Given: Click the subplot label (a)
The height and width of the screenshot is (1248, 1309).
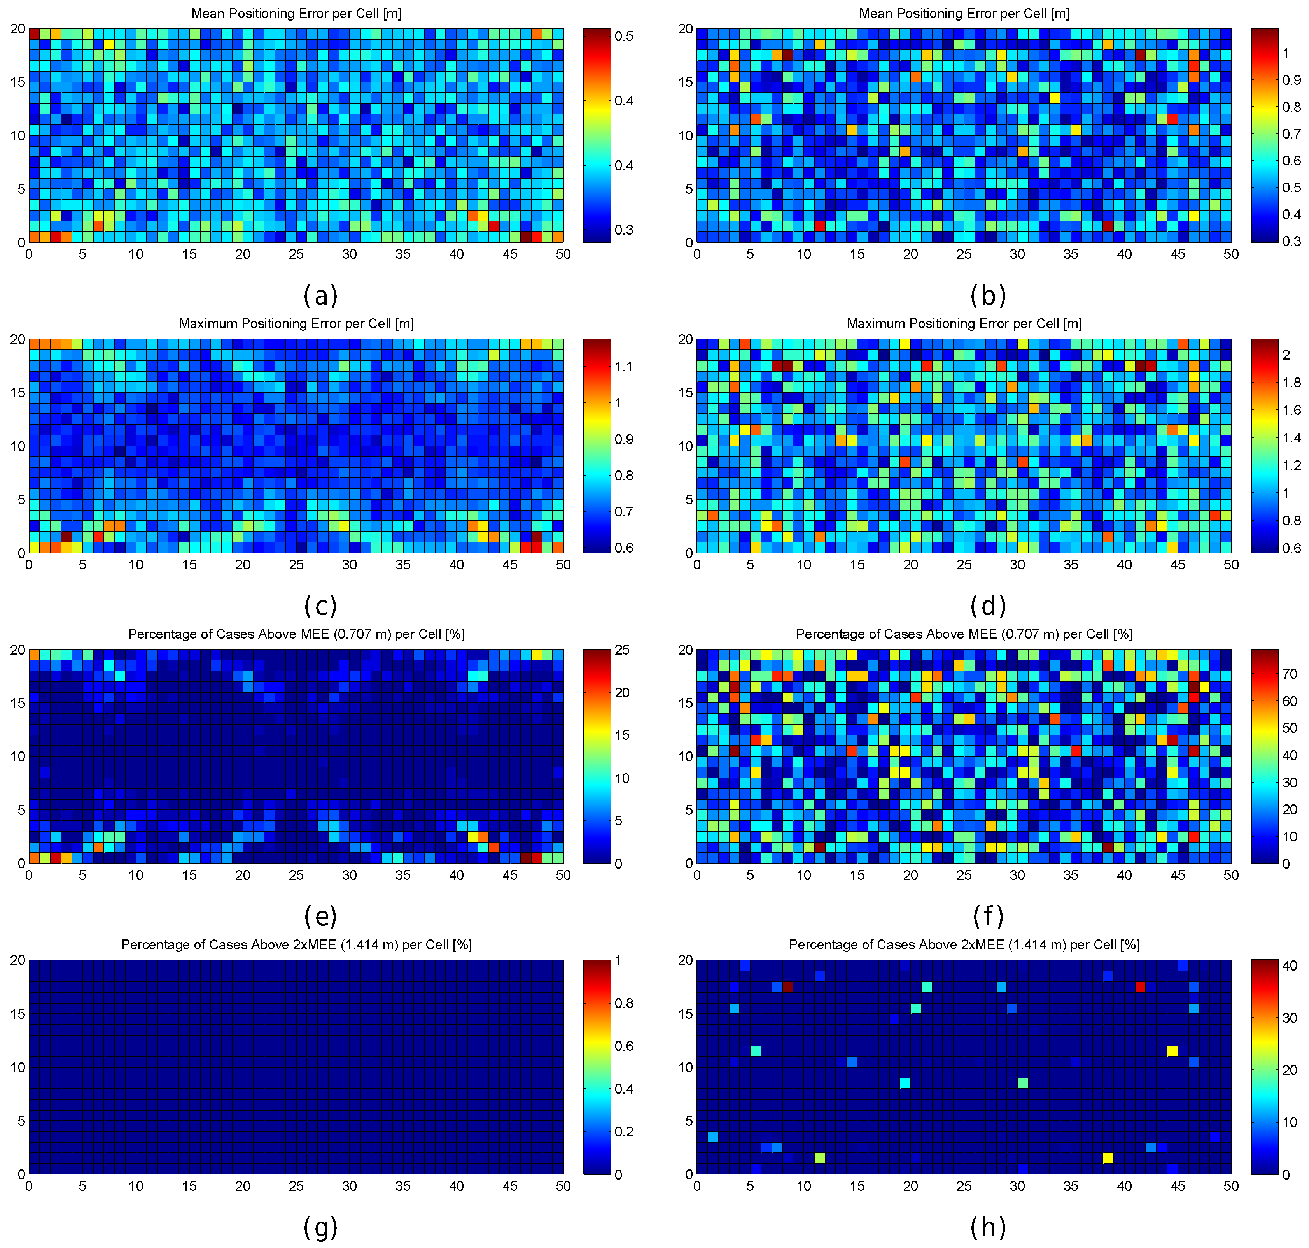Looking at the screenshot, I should [320, 295].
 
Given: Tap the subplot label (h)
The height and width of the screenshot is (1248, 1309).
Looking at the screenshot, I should [988, 1227].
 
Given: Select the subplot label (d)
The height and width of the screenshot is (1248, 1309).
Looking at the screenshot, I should [988, 606].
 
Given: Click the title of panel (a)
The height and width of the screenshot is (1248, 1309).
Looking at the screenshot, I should [296, 13].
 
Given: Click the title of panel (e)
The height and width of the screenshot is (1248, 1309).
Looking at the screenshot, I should [296, 634].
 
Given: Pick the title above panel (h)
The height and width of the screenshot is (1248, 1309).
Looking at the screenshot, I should [964, 944].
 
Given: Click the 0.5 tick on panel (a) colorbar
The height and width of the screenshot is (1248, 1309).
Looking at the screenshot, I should [624, 36].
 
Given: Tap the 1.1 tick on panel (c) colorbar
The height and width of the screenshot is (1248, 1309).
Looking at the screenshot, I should [624, 367].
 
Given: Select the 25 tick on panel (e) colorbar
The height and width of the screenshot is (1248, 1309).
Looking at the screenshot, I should [621, 650].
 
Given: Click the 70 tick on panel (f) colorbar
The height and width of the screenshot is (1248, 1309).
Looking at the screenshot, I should [1290, 674].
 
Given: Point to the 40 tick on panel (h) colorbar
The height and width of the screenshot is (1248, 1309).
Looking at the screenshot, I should [1290, 966].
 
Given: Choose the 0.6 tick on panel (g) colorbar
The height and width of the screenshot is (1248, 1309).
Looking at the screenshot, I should [624, 1046].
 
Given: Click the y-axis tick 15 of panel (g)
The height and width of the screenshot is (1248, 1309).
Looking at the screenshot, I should [17, 1014].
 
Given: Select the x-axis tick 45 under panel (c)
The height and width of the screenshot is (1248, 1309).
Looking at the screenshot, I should [510, 565].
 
